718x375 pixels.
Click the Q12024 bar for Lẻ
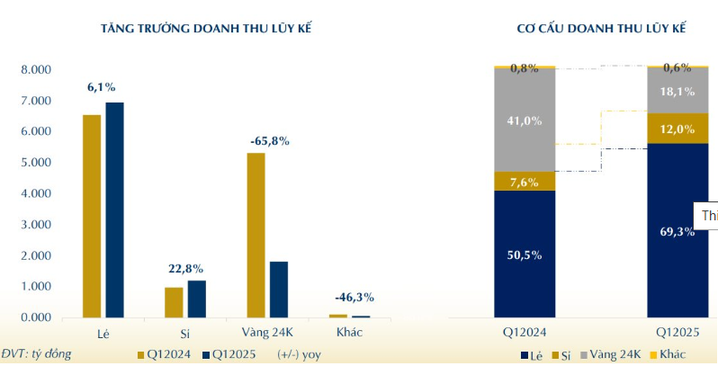pos(92,216)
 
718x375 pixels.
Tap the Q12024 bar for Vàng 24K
pos(256,235)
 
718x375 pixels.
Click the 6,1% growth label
pos(101,87)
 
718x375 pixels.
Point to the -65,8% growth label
pos(267,140)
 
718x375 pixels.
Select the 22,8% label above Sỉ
pos(185,268)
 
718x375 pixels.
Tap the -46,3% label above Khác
pos(352,297)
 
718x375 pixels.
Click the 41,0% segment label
pos(525,120)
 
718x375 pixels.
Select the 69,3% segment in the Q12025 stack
pos(678,231)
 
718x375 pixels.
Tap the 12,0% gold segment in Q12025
pos(678,129)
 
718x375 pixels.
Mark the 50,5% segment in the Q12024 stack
pos(525,254)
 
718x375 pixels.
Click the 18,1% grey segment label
pos(678,91)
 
